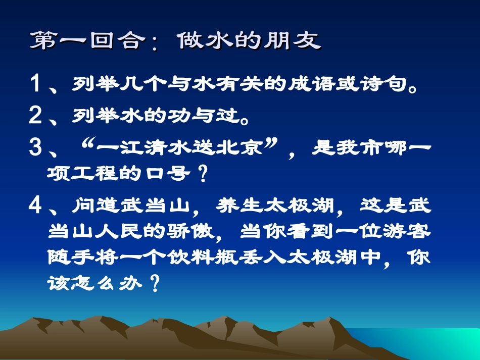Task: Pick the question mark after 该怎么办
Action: click(x=155, y=284)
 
